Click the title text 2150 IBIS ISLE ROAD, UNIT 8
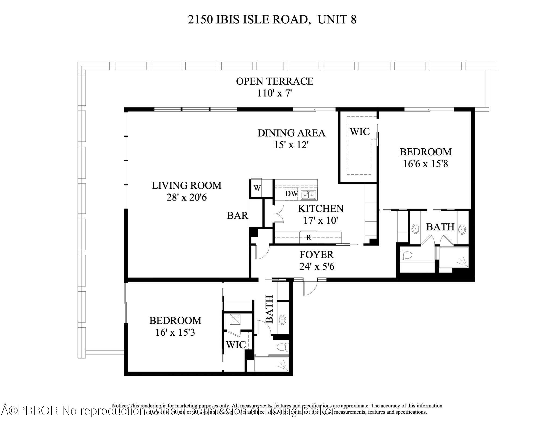tap(272, 20)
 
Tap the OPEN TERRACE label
tap(275, 81)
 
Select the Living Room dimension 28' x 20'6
tap(187, 198)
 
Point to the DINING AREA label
tap(291, 133)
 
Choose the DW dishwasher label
tap(291, 194)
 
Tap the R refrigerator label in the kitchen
tap(309, 238)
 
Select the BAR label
tap(237, 216)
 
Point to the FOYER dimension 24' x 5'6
tap(317, 267)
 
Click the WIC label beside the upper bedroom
tap(360, 132)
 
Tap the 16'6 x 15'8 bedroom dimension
tap(425, 164)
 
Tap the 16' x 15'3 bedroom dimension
tap(175, 333)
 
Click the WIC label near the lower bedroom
tap(236, 345)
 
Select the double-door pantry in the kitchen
tap(279, 214)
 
